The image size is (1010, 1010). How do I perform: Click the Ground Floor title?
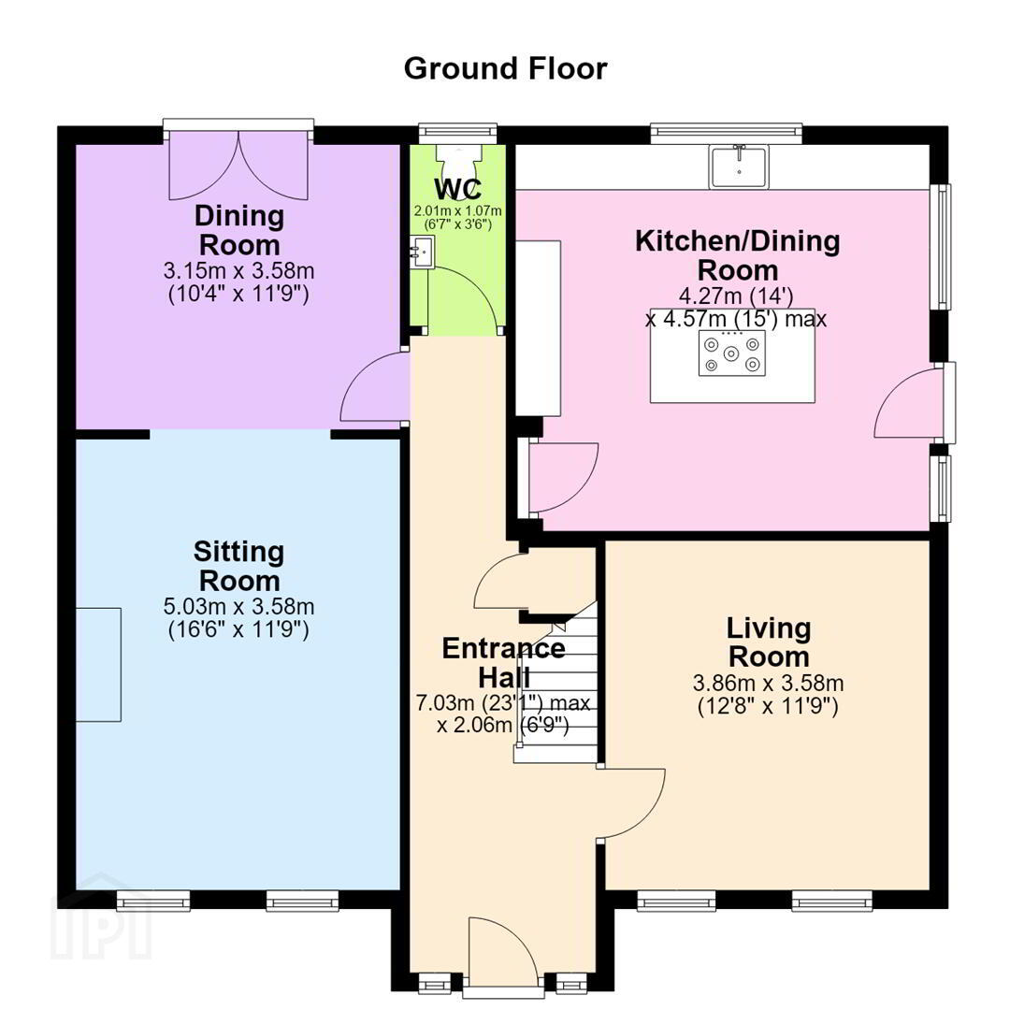[505, 69]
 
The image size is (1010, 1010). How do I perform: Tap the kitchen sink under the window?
[740, 166]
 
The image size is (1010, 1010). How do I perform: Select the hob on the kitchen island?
[731, 353]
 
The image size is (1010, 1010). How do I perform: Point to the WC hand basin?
[423, 252]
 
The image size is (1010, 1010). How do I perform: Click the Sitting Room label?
[239, 566]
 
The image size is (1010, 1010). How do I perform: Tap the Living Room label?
[769, 642]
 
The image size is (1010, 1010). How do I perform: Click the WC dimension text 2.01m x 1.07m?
[458, 210]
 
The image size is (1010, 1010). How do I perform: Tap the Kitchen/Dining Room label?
[738, 255]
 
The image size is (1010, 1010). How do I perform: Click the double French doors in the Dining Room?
[239, 166]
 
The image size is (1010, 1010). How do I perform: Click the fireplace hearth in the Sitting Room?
[98, 664]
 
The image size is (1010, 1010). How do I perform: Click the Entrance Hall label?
[504, 662]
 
